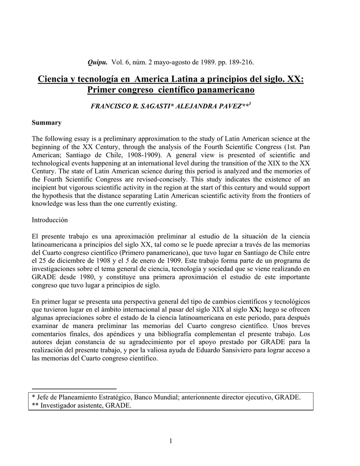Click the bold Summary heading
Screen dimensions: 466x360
click(46, 122)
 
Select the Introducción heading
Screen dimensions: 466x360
click(50, 220)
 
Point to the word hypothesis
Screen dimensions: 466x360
click(62, 196)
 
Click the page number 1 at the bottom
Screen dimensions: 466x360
click(171, 441)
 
